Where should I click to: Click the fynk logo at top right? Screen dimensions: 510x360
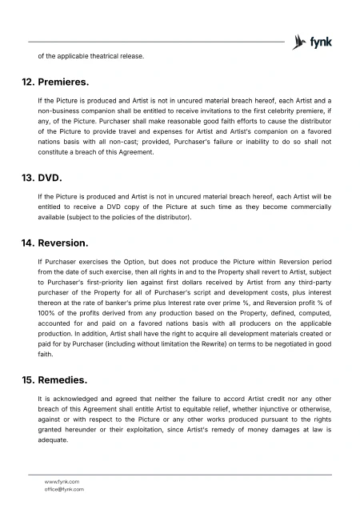coord(313,42)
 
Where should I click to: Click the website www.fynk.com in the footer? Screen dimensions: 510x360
coord(62,481)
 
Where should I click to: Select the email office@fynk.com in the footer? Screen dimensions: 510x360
coord(64,488)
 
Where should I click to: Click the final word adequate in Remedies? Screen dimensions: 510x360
coord(54,440)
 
